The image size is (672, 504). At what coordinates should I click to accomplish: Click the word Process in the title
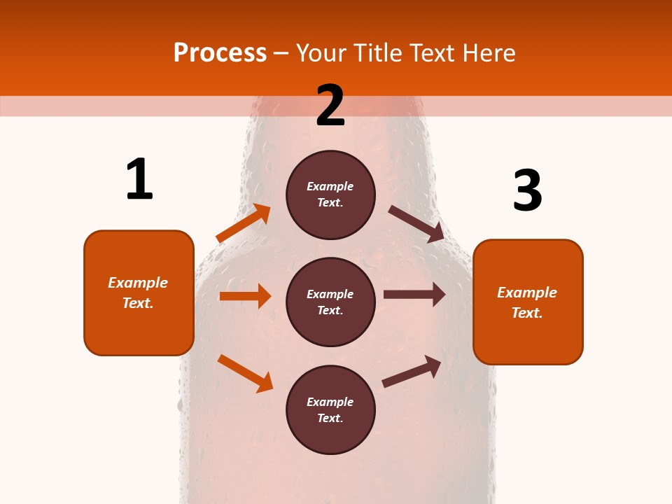pos(220,53)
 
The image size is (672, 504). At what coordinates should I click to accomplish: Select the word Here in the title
pos(489,53)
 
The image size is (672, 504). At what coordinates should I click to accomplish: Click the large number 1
pos(140,178)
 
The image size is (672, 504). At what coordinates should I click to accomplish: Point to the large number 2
pos(330,105)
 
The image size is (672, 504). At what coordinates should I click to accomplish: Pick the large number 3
pos(528,190)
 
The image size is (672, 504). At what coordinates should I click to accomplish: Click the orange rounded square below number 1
pos(139,293)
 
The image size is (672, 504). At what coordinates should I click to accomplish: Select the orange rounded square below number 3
pos(528,302)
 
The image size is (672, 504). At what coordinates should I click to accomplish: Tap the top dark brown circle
pos(331,195)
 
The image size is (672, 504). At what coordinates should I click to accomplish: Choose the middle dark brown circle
pos(331,302)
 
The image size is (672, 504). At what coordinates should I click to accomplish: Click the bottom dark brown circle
pos(331,409)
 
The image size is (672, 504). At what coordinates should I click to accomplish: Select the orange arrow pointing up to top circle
pos(244,223)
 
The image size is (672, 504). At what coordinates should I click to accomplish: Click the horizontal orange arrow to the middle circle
pos(246,296)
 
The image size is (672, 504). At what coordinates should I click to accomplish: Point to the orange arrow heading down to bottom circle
pos(246,373)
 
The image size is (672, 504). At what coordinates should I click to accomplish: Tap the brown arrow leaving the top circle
pos(416,224)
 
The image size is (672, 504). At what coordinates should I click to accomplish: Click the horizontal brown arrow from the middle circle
pos(414,295)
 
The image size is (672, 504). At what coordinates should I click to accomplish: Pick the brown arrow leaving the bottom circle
pos(412,371)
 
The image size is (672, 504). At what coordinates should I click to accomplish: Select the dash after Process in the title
pos(281,55)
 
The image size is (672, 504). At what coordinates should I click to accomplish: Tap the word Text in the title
pos(432,53)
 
